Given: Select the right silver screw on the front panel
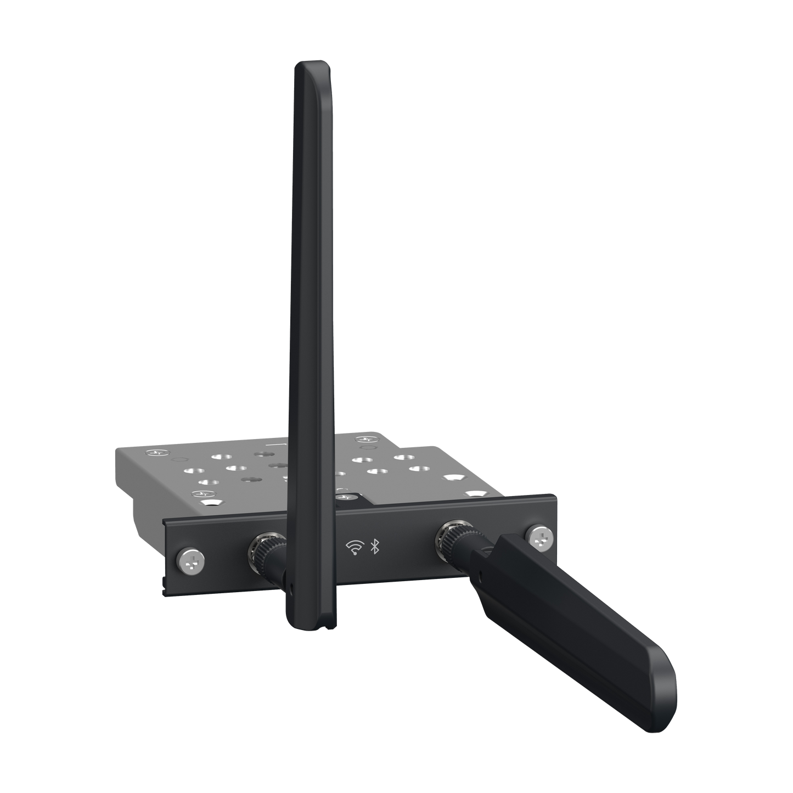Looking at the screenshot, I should point(539,538).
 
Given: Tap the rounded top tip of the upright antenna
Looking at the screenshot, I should point(307,69).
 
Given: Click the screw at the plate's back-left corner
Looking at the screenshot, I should point(155,453).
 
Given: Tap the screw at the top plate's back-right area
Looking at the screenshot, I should point(364,440).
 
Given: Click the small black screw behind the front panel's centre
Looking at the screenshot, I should point(345,498).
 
